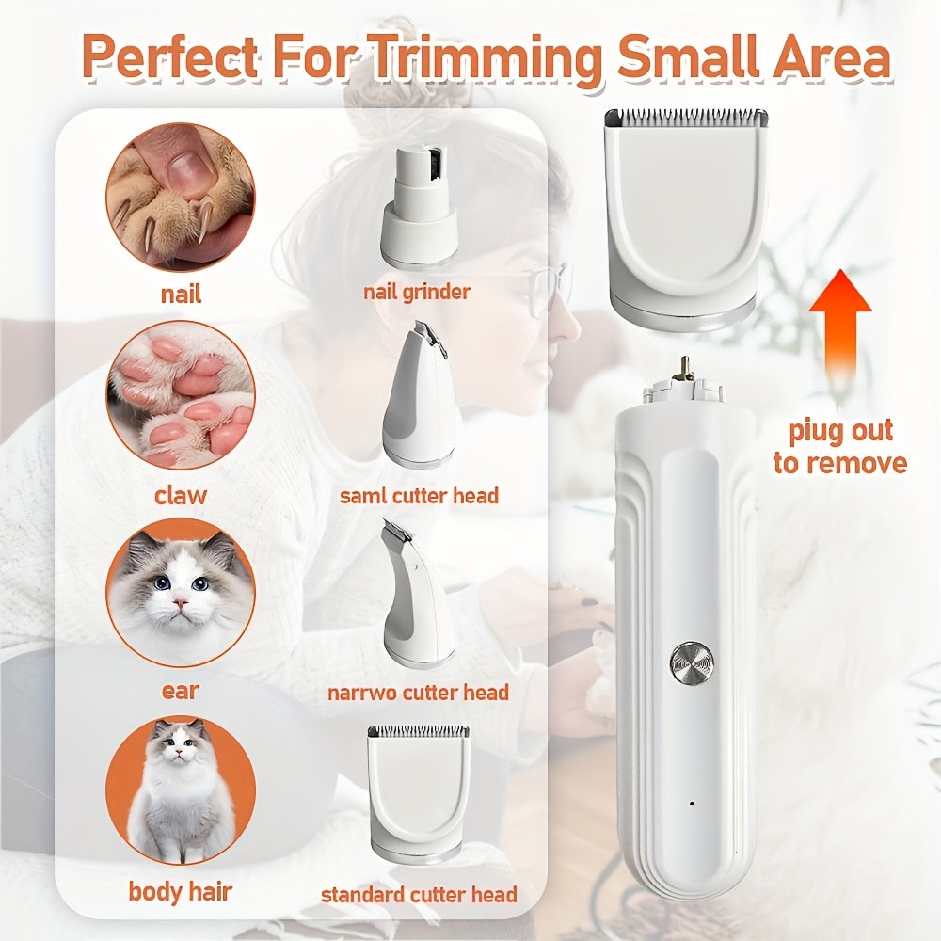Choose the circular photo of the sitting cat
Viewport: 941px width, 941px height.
(x=180, y=789)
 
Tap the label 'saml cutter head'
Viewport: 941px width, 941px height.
(x=419, y=495)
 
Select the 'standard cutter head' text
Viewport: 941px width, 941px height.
(x=419, y=894)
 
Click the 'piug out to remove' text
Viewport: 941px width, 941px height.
(x=839, y=448)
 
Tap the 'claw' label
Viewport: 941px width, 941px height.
(x=180, y=495)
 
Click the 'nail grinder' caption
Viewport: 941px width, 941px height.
(x=417, y=292)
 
